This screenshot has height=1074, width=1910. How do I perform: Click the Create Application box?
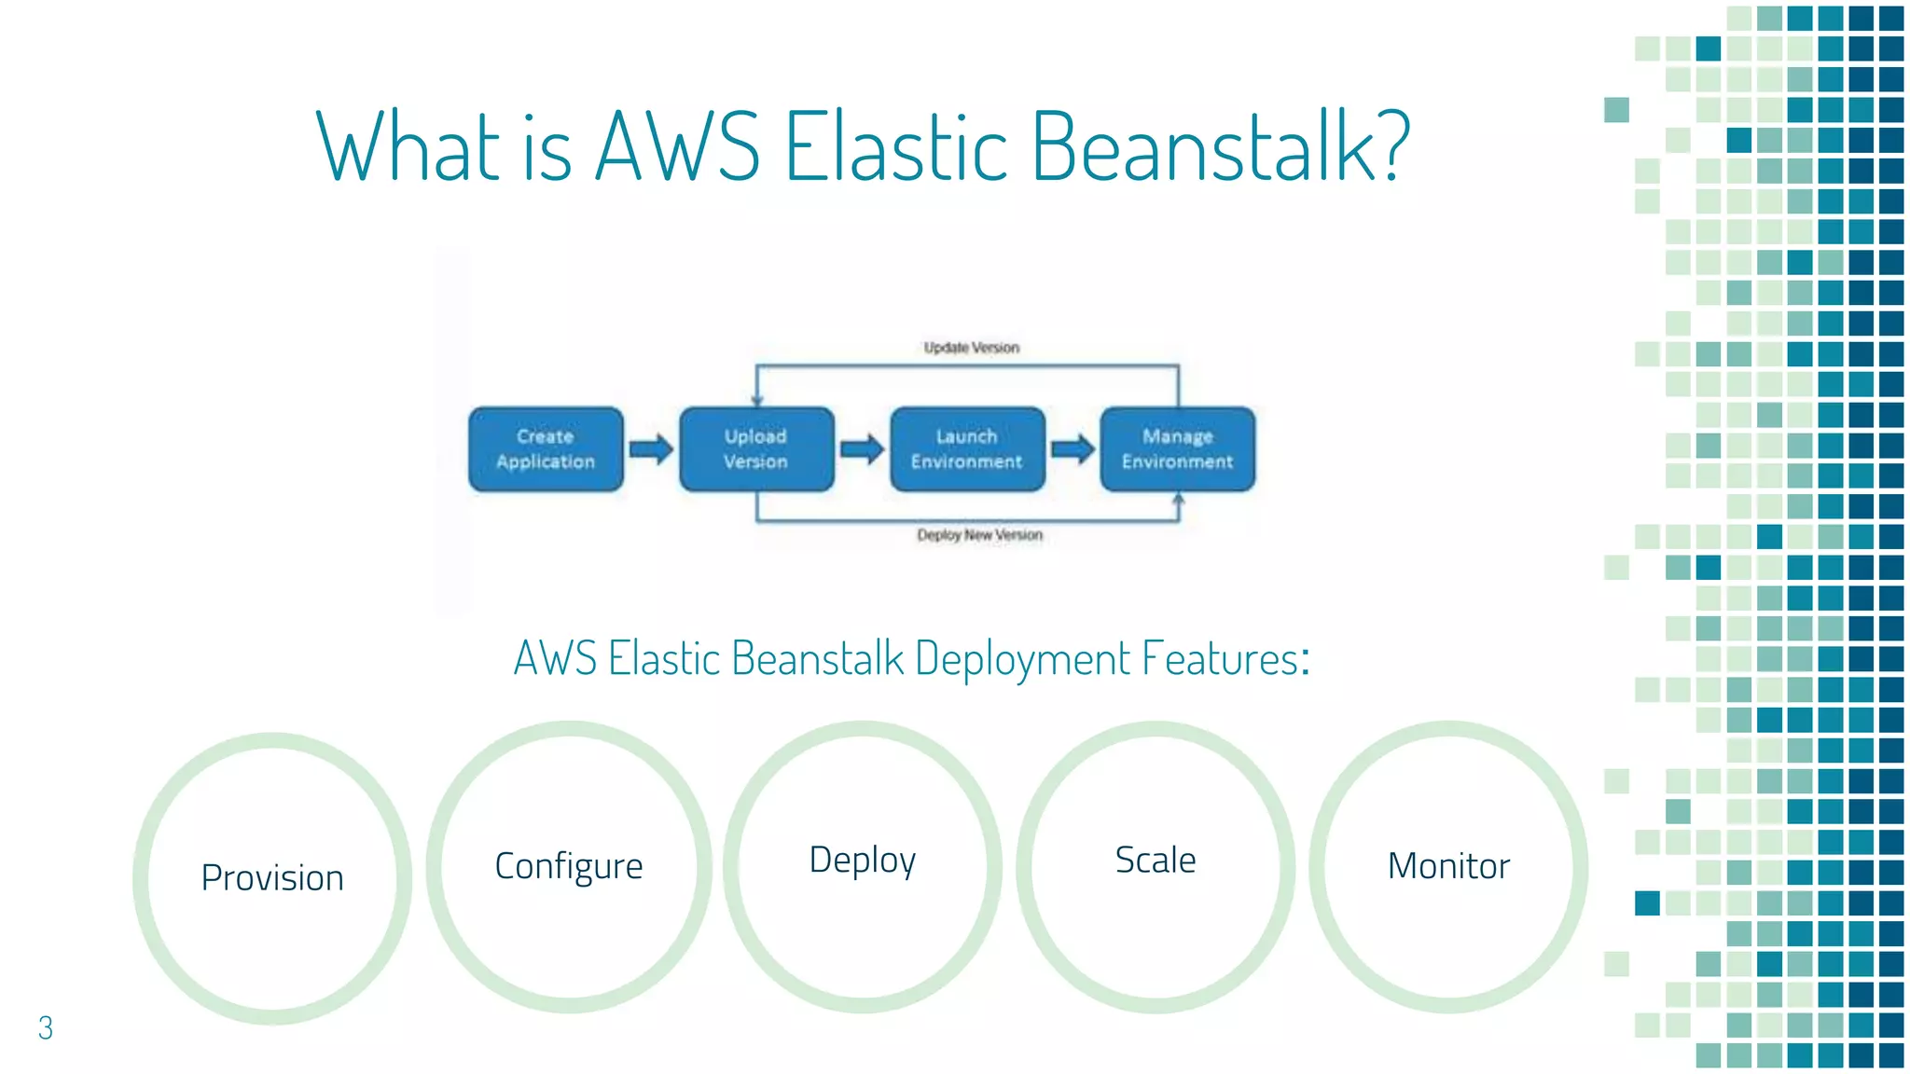click(x=546, y=448)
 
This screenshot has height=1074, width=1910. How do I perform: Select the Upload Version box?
click(x=756, y=448)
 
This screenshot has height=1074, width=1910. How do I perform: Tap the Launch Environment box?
click(x=967, y=448)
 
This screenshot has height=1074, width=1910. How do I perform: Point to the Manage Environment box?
click(x=1177, y=448)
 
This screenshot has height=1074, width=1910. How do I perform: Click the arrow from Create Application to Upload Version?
click(x=651, y=449)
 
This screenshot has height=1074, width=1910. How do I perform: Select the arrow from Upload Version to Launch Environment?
click(x=862, y=449)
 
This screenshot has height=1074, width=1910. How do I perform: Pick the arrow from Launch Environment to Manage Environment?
click(x=1073, y=449)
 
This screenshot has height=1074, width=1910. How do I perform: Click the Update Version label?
click(x=971, y=348)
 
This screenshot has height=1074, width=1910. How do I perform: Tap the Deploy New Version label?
click(x=979, y=535)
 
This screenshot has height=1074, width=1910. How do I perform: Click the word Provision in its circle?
click(x=272, y=878)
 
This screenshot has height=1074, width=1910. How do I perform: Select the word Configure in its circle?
click(x=569, y=866)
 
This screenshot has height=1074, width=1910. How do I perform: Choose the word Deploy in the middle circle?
click(x=863, y=860)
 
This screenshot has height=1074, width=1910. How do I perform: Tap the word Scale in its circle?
click(x=1156, y=860)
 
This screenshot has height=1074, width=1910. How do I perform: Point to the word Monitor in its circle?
click(x=1448, y=866)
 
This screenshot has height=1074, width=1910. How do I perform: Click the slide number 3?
click(x=45, y=1027)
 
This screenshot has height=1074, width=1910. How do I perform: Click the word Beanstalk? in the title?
click(x=1220, y=146)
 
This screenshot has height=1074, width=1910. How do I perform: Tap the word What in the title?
click(x=410, y=146)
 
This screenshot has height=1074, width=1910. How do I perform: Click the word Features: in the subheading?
click(x=1225, y=658)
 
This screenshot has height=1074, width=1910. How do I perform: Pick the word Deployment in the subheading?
click(x=1023, y=658)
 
